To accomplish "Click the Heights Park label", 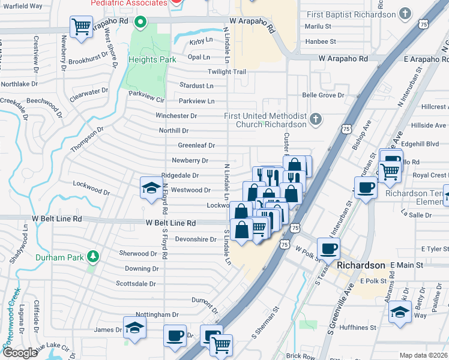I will click(x=151, y=60).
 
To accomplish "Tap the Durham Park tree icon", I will click(x=92, y=257).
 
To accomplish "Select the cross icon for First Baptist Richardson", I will click(x=405, y=14).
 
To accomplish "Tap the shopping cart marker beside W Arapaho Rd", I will click(x=81, y=27).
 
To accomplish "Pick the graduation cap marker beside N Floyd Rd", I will click(x=151, y=187).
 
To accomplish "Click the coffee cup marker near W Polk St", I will click(x=328, y=248).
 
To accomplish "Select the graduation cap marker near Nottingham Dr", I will click(x=134, y=327).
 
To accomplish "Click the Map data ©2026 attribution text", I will click(x=423, y=355).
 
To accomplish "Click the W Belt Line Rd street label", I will click(x=170, y=223).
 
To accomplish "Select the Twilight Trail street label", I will click(x=227, y=72).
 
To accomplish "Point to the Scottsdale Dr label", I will click(x=136, y=284).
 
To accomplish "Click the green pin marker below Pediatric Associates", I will click(x=140, y=23).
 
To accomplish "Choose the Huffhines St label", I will click(x=356, y=328).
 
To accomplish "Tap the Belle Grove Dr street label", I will click(x=323, y=95).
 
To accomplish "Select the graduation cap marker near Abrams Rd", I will click(x=400, y=313).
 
